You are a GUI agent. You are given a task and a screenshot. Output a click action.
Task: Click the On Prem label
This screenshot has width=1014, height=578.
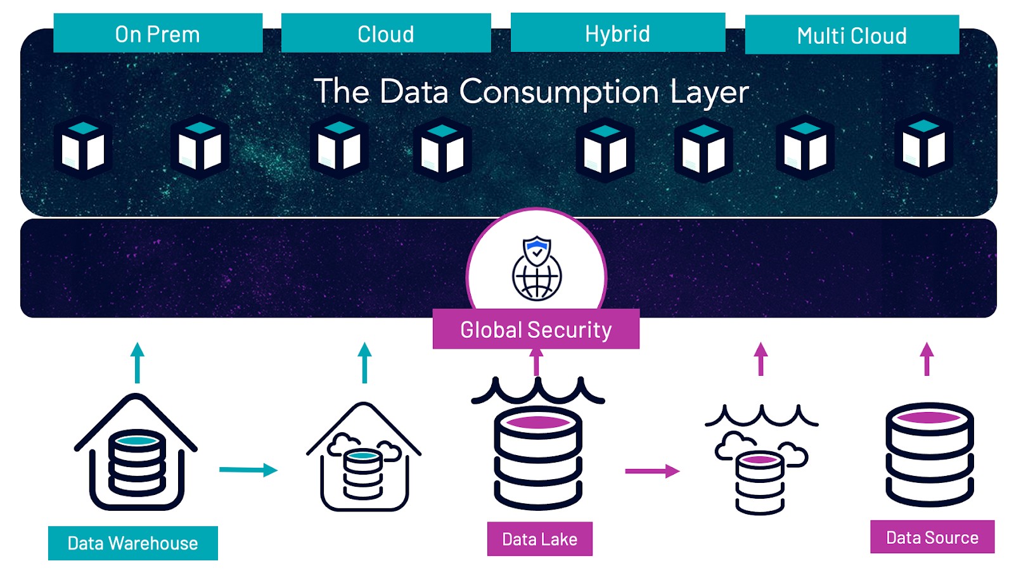tap(158, 34)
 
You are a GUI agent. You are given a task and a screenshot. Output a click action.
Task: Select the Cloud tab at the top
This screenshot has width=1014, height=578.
tap(386, 34)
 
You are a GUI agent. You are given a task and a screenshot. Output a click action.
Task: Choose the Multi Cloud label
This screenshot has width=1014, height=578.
tap(852, 35)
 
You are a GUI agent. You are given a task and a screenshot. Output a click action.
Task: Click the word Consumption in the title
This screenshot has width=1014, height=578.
tap(559, 92)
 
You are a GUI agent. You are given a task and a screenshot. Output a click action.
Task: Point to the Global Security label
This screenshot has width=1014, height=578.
tap(536, 329)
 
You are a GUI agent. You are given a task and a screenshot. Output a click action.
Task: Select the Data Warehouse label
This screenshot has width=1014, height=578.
tap(132, 543)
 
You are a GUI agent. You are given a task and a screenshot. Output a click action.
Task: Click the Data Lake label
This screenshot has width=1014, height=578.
tap(539, 539)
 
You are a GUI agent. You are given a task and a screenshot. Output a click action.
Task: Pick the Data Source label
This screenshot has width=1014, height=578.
tap(932, 537)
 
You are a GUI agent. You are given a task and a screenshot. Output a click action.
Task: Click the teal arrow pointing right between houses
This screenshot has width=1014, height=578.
tap(248, 470)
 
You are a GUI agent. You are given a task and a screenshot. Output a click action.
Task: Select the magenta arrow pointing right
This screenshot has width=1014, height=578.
tap(652, 471)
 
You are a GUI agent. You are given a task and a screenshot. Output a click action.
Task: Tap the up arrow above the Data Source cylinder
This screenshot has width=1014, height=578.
tap(927, 359)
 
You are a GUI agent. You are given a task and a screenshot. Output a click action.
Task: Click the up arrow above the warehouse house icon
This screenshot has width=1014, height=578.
tap(137, 363)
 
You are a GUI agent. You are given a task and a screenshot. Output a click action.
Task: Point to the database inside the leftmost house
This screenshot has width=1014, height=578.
tap(137, 463)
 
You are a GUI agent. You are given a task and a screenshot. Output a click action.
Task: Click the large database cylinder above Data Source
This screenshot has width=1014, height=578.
tap(929, 454)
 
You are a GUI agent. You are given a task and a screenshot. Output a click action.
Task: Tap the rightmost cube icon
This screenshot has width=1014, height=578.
tap(923, 146)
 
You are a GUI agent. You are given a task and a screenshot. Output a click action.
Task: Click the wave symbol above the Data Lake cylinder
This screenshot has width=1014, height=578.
tap(538, 390)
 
